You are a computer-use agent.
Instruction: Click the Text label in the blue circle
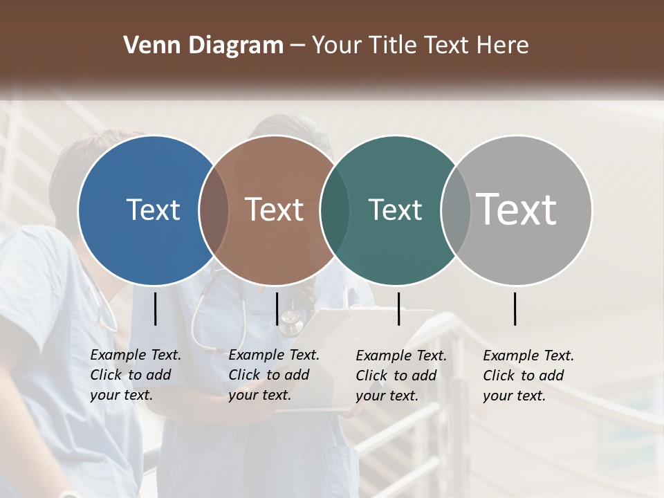(x=153, y=210)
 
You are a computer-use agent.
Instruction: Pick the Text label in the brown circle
(x=274, y=210)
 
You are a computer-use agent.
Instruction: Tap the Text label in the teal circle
(x=395, y=210)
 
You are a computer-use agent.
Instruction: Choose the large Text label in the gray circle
(x=517, y=210)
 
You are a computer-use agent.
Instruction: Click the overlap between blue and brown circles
(x=214, y=210)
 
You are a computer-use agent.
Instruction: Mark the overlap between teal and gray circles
(x=456, y=210)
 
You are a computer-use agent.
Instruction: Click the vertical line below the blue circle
(x=156, y=308)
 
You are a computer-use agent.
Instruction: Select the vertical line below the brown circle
(x=277, y=308)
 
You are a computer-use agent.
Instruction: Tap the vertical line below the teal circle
(x=398, y=308)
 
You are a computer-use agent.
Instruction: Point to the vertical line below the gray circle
(x=515, y=308)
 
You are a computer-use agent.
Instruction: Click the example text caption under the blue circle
(x=136, y=375)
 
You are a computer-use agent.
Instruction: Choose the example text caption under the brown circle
(x=274, y=375)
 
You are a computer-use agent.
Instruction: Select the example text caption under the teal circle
(x=401, y=376)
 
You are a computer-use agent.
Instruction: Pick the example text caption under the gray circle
(x=528, y=376)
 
